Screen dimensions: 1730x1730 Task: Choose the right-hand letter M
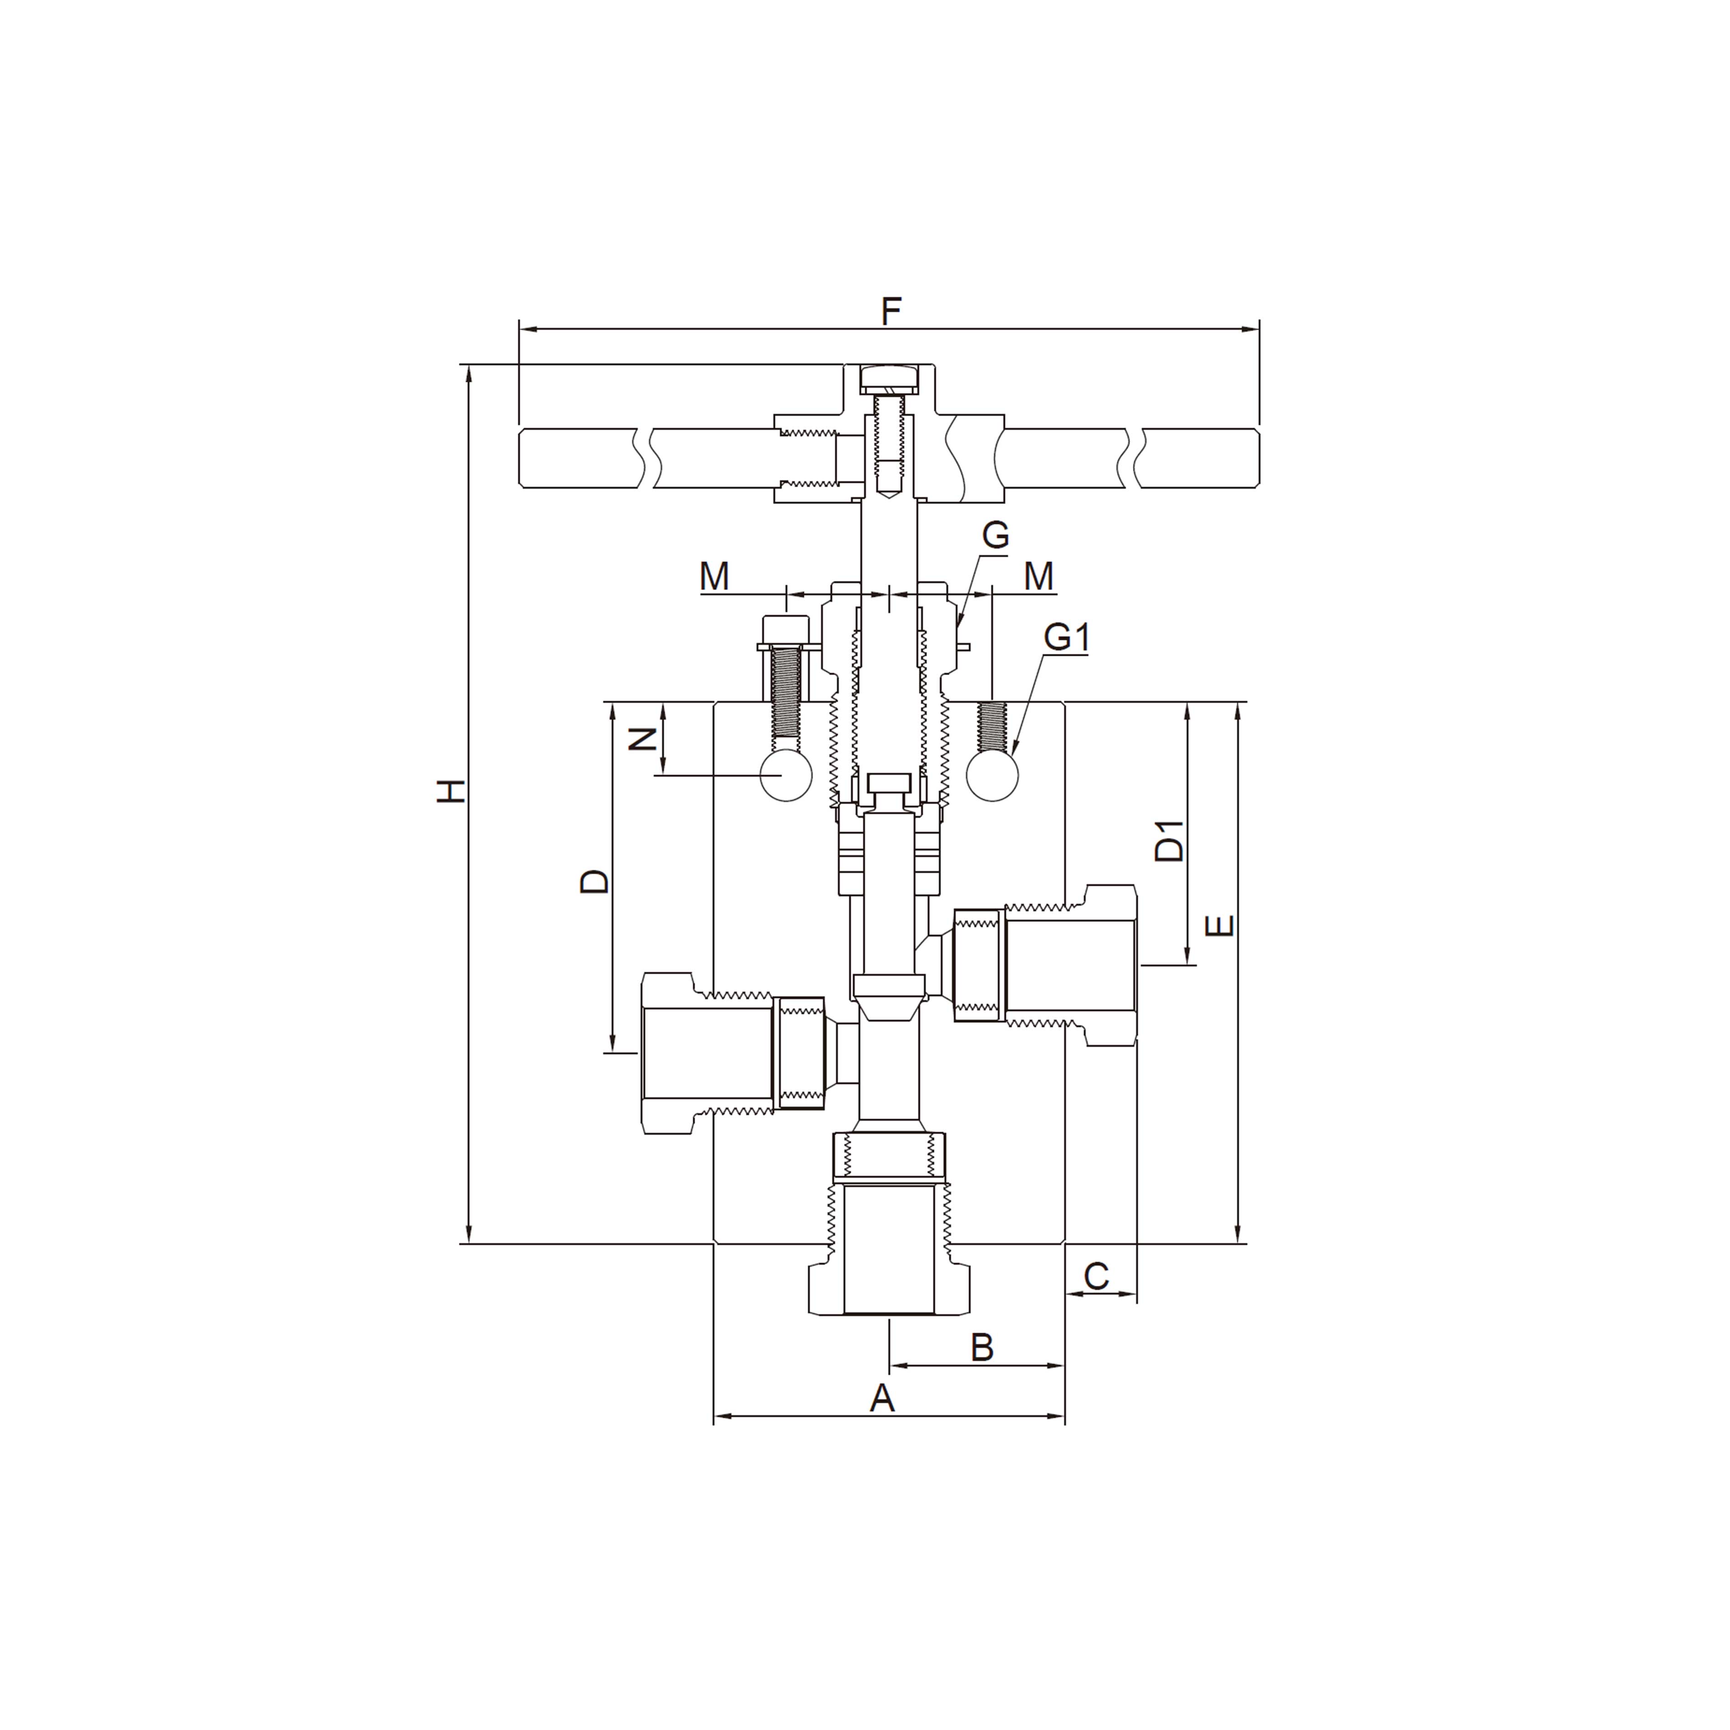coord(1039,577)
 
